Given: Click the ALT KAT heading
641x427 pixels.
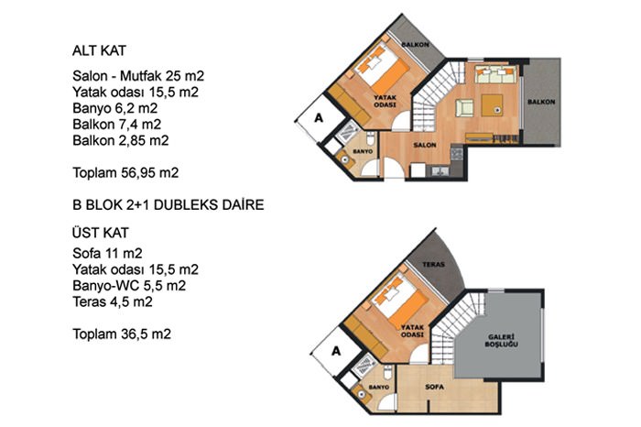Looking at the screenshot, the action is (99, 50).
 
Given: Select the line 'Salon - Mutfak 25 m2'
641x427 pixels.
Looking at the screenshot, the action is (138, 76).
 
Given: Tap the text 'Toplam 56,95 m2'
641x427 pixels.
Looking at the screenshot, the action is (125, 172).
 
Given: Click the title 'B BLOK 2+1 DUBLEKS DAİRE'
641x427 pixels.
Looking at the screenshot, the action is (168, 204).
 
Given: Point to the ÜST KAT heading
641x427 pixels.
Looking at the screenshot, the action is (101, 233).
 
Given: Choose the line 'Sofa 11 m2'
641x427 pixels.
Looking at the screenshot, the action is (107, 254).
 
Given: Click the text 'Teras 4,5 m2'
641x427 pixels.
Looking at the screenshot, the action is (113, 301).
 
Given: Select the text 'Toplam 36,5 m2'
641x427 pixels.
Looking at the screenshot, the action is (122, 334).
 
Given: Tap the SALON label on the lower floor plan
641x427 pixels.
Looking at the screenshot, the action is (424, 145).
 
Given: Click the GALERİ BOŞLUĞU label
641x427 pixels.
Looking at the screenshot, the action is (501, 341).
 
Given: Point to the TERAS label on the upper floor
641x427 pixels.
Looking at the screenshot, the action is (433, 265).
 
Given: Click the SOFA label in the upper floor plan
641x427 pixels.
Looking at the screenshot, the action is (434, 387).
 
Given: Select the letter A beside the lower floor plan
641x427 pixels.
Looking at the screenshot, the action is (319, 118).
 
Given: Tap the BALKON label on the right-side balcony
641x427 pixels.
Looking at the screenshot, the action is (541, 102).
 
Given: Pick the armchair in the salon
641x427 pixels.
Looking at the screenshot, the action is (464, 107).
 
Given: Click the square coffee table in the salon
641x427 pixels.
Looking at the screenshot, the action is (493, 105).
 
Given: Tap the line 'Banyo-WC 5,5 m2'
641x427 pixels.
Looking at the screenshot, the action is (129, 286).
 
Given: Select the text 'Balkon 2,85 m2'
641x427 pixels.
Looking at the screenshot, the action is (121, 141).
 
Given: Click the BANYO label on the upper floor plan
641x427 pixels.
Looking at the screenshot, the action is (379, 387).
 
